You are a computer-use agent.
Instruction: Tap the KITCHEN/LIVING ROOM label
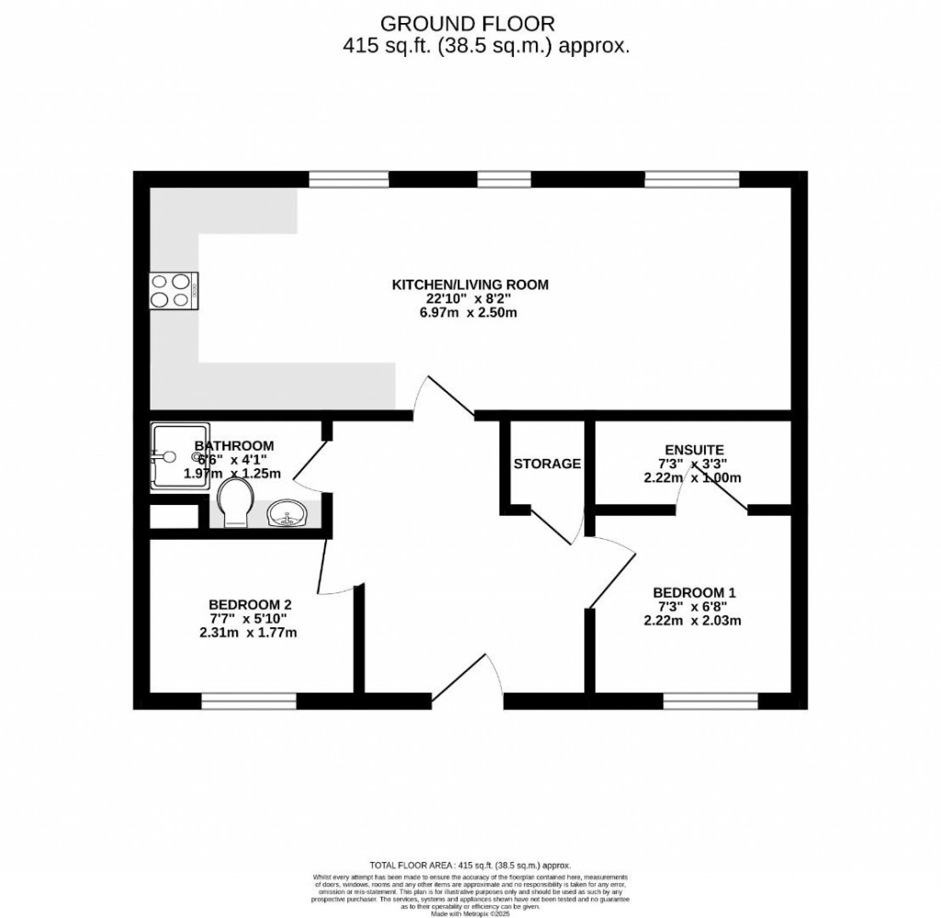pyautogui.click(x=470, y=284)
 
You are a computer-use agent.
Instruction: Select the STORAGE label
pyautogui.click(x=547, y=464)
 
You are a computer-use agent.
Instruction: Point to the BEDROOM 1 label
pyautogui.click(x=694, y=592)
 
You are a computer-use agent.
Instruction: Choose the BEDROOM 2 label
pyautogui.click(x=250, y=604)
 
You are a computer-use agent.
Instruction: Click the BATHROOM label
pyautogui.click(x=234, y=446)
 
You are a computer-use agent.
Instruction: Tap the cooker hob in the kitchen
pyautogui.click(x=172, y=291)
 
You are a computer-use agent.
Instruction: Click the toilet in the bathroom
pyautogui.click(x=236, y=501)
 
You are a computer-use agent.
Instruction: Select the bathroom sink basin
pyautogui.click(x=288, y=514)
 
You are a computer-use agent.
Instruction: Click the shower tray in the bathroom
pyautogui.click(x=180, y=456)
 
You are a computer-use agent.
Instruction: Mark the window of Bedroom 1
pyautogui.click(x=710, y=702)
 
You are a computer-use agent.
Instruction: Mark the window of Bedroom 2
pyautogui.click(x=249, y=702)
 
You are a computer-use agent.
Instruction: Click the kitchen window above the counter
pyautogui.click(x=349, y=178)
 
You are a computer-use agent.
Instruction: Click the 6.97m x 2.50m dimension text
pyautogui.click(x=470, y=313)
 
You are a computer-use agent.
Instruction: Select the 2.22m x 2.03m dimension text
pyautogui.click(x=694, y=620)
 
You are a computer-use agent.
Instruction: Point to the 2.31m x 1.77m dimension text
pyautogui.click(x=248, y=632)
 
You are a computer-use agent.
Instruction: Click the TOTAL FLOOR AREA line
pyautogui.click(x=470, y=865)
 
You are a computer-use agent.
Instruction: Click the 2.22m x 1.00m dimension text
pyautogui.click(x=694, y=477)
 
